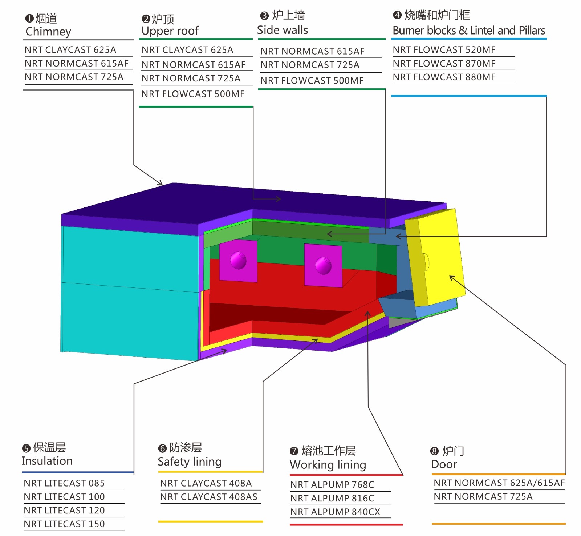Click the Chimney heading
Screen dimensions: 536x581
click(48, 32)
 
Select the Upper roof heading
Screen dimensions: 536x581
click(170, 31)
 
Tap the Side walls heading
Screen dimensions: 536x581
click(283, 30)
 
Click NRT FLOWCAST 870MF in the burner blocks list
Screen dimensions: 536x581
click(444, 64)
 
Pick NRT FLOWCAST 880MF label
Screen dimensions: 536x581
click(444, 77)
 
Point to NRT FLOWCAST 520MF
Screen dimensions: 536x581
click(444, 50)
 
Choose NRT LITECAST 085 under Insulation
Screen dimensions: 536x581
click(64, 483)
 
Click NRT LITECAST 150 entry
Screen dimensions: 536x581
click(64, 524)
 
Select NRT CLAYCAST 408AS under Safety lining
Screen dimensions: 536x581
click(209, 497)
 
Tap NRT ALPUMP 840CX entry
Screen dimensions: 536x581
click(335, 512)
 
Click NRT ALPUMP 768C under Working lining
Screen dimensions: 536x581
click(332, 485)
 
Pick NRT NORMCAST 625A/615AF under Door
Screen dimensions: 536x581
click(499, 483)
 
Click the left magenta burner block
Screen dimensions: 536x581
click(238, 261)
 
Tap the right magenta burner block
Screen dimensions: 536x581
click(323, 265)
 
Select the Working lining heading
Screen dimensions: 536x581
click(328, 465)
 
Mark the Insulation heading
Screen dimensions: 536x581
click(47, 461)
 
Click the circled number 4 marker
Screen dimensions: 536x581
click(397, 15)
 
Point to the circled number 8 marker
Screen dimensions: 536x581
click(434, 451)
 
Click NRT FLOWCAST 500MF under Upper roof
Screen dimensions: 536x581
click(193, 94)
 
